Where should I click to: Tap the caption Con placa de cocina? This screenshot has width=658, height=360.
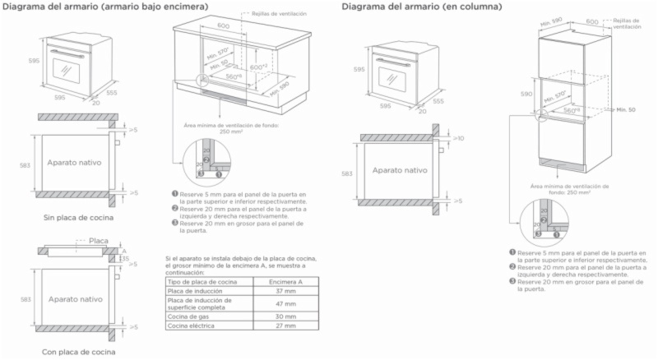coord(78,351)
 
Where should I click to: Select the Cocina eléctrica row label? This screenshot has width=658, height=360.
coord(190,325)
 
